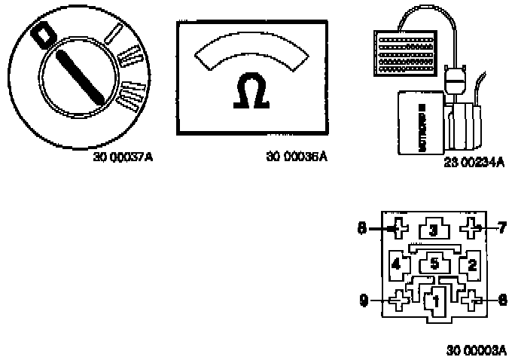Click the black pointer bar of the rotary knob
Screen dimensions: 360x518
click(81, 76)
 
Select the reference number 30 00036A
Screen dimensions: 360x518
click(297, 157)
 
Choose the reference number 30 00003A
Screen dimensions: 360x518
click(477, 350)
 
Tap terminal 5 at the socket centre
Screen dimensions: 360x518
click(434, 264)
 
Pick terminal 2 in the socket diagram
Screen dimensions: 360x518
click(471, 264)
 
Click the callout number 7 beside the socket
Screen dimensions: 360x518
click(502, 227)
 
